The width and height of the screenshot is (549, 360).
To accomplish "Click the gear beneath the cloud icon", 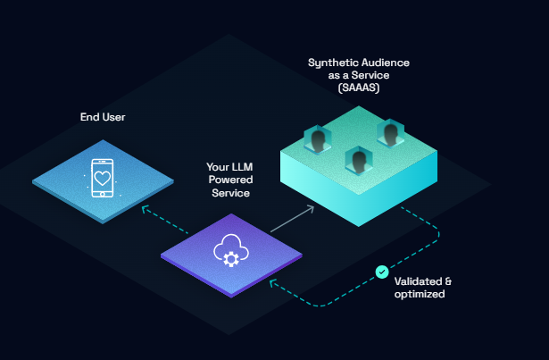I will [232, 260].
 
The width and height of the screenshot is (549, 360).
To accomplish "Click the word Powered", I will [229, 180].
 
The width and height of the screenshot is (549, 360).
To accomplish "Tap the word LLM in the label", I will [240, 167].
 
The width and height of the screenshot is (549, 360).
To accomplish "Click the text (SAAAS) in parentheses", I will [358, 88].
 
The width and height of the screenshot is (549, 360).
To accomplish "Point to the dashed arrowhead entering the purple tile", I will [273, 283].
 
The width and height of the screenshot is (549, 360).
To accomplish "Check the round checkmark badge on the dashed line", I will [382, 272].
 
